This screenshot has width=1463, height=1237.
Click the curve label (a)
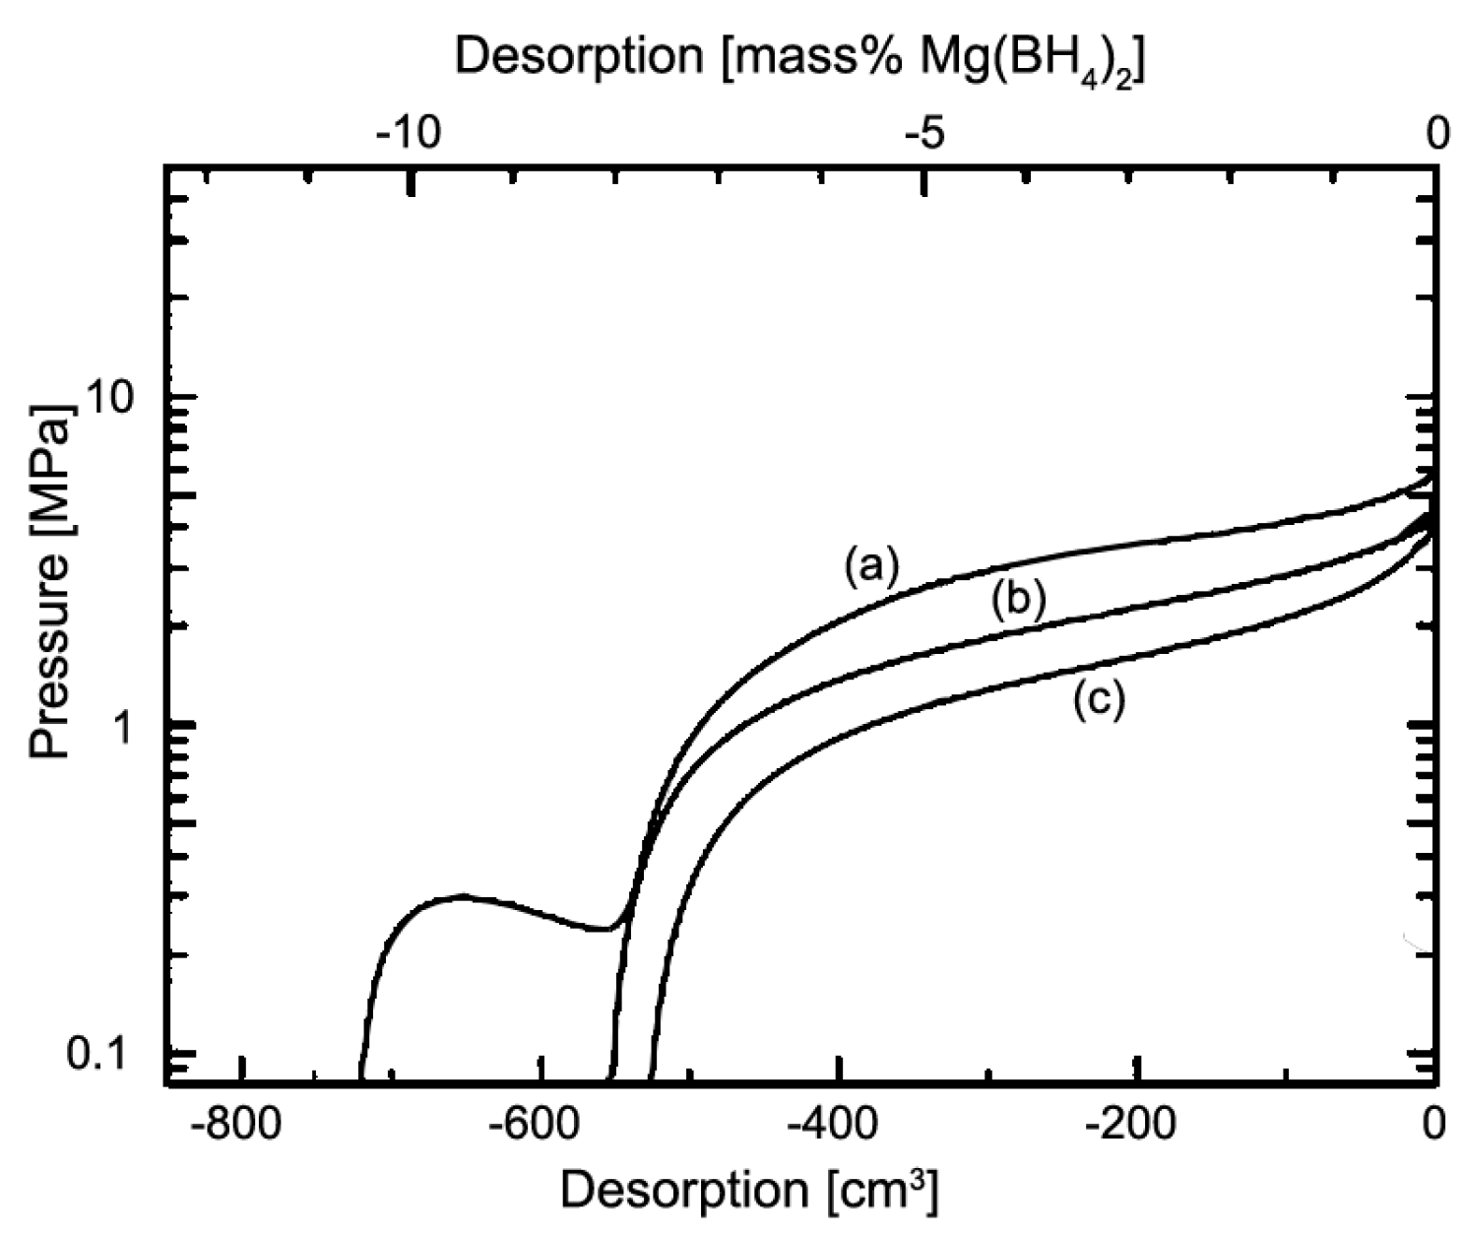(x=870, y=568)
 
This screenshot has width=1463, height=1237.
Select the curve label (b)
(x=1018, y=600)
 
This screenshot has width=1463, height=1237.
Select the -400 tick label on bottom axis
(x=839, y=1123)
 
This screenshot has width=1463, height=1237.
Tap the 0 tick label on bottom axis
(x=1435, y=1123)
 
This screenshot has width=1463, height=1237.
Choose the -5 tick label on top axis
(x=923, y=132)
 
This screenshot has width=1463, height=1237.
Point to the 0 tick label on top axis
(x=1437, y=132)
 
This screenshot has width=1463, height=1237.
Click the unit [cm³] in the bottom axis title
(x=882, y=1192)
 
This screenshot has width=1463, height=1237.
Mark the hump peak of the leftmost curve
(x=463, y=895)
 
